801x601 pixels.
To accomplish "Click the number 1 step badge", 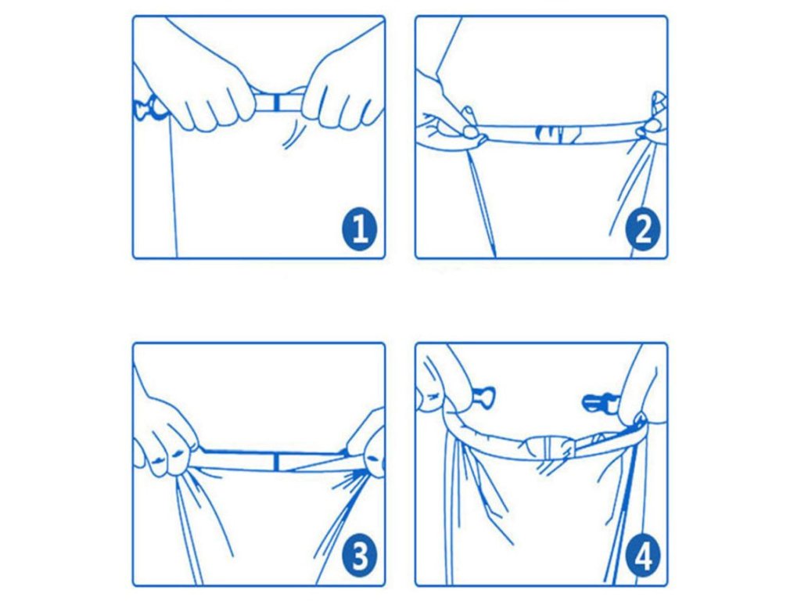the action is point(360,229).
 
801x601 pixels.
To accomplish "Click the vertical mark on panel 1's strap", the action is point(276,103).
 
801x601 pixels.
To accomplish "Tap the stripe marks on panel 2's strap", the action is point(557,134).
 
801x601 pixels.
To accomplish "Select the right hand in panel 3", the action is point(367,444).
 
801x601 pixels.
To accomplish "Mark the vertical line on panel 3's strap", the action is point(276,462).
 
